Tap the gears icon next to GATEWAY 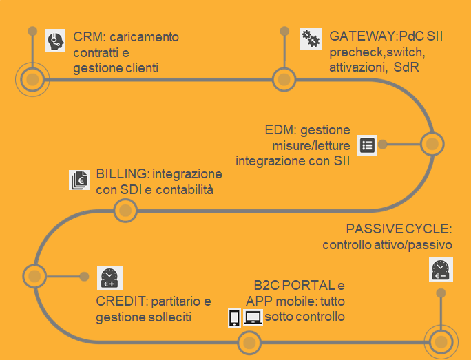311,39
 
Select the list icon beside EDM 367,145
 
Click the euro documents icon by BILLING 80,180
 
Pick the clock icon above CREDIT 109,277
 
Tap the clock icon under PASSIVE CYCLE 441,269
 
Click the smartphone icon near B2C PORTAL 234,317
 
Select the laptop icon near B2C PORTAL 253,317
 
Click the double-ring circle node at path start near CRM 32,80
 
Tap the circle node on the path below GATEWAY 284,80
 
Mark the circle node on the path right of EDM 431,144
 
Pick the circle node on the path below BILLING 125,211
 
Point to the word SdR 407,67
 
